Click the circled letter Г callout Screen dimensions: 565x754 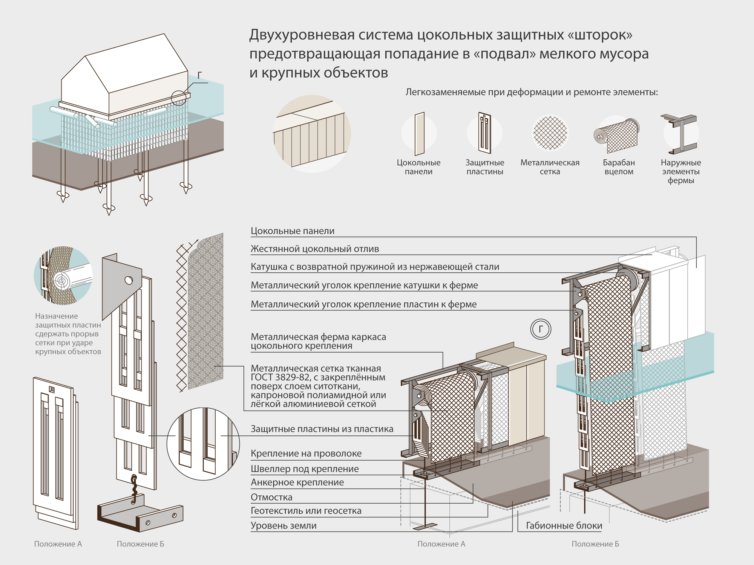[x=541, y=329]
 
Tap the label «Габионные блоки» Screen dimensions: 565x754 [x=564, y=525]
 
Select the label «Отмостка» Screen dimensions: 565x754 [x=271, y=497]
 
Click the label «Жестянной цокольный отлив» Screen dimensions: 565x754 [x=315, y=249]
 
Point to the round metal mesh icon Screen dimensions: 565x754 [x=550, y=133]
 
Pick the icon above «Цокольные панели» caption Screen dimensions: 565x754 [x=419, y=134]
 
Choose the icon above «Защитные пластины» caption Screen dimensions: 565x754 [x=485, y=133]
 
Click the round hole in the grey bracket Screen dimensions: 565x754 [x=129, y=280]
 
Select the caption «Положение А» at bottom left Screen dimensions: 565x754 [x=58, y=544]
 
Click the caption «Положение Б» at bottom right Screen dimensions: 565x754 [x=595, y=544]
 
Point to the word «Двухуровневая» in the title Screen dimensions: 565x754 [x=302, y=35]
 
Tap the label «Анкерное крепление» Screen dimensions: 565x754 [x=297, y=483]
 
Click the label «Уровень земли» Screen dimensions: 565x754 [x=284, y=525]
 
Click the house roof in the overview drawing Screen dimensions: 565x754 [x=124, y=64]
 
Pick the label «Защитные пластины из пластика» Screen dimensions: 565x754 [x=322, y=429]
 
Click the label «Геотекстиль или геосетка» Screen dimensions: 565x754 [x=306, y=511]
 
